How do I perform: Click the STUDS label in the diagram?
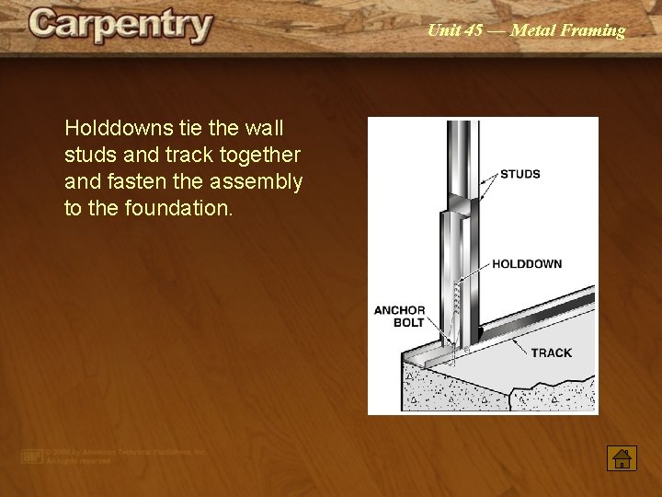coord(519,174)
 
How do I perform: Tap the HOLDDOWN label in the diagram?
coord(526,264)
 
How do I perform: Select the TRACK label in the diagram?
coord(551,353)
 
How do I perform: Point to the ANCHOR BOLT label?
coord(399,317)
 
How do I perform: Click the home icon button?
coord(622,458)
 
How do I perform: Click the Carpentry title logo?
coord(120,26)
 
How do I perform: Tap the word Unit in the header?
coord(441,30)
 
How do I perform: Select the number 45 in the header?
coord(473,30)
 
